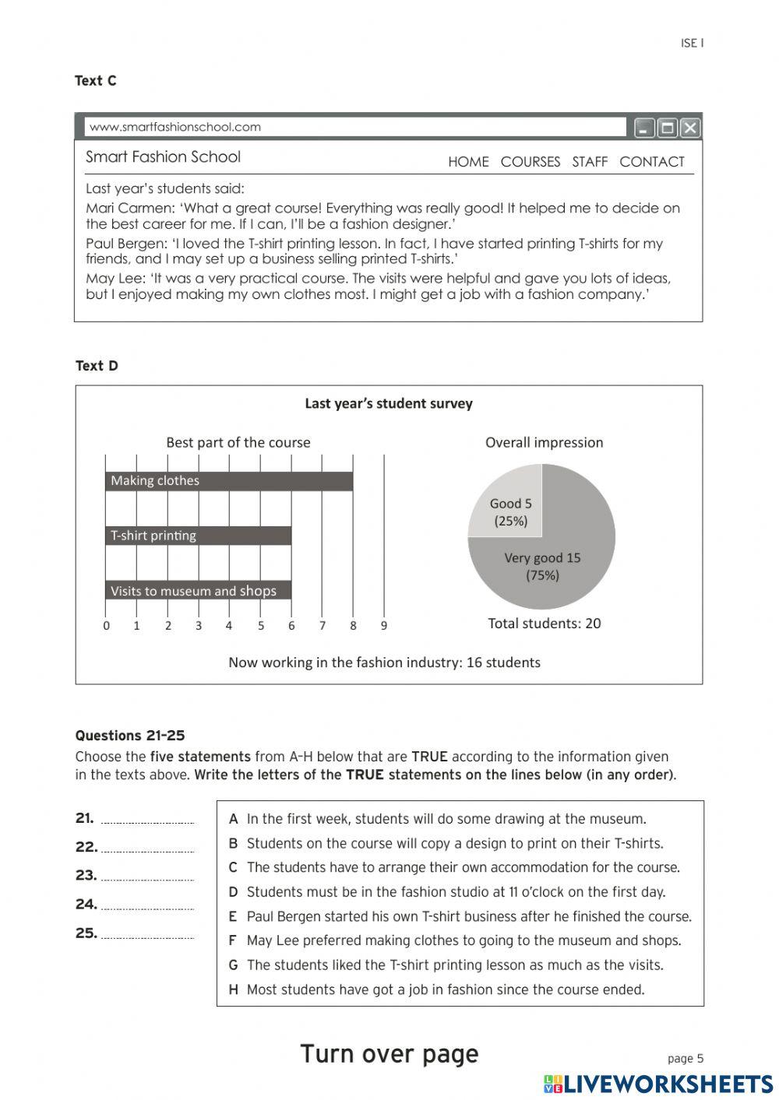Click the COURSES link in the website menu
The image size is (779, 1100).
[530, 162]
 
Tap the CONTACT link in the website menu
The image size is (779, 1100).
[651, 162]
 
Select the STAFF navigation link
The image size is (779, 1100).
[589, 162]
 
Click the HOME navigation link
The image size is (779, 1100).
[468, 162]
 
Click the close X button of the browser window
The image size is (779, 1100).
[690, 128]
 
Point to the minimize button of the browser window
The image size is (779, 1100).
[643, 128]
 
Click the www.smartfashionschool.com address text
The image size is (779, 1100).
[175, 127]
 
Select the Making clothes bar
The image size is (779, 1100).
[229, 481]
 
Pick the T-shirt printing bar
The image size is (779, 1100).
[199, 536]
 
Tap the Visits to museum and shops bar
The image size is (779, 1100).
[199, 591]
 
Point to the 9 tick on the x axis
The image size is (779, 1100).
[383, 625]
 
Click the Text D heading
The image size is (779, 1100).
[97, 366]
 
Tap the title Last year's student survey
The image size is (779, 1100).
[388, 403]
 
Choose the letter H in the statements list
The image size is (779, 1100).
[233, 989]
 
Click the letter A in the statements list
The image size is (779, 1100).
[233, 819]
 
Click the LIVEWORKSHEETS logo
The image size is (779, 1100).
[658, 1084]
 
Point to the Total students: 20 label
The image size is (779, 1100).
[544, 623]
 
